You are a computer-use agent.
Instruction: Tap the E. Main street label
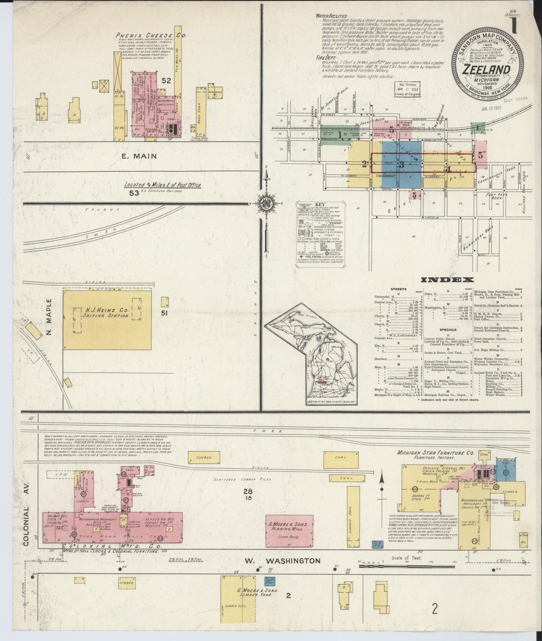[x=139, y=156]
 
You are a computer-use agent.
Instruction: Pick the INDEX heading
[x=447, y=280]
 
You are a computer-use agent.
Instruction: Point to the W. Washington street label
[x=283, y=561]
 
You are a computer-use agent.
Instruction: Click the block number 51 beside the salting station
[x=164, y=314]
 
